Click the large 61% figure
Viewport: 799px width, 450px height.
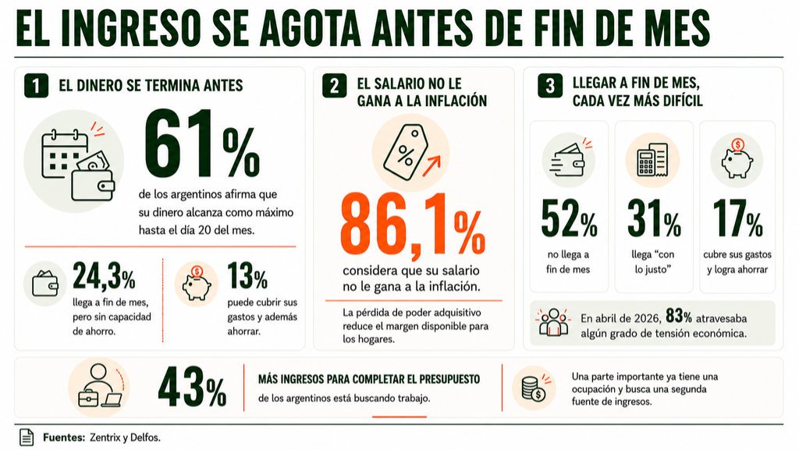[202, 144]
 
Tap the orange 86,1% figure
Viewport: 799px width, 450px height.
[412, 225]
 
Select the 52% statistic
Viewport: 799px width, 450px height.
[569, 219]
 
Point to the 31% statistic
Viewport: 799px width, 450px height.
[654, 219]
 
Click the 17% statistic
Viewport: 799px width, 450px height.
[737, 219]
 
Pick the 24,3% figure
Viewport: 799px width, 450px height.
[104, 275]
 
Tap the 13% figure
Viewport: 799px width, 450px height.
[247, 275]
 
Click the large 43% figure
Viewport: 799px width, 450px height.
[192, 387]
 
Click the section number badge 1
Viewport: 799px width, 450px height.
[36, 86]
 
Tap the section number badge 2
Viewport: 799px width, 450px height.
[334, 86]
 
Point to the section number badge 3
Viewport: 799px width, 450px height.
[550, 86]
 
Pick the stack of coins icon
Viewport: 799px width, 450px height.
[534, 388]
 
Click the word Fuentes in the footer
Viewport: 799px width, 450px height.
[64, 438]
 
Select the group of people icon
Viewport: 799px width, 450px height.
[553, 322]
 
